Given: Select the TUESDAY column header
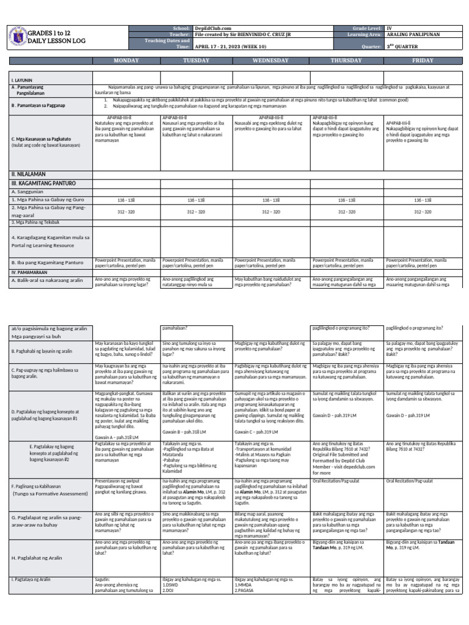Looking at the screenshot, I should [x=196, y=61].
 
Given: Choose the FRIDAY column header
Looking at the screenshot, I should [x=422, y=61].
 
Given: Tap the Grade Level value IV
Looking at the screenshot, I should [x=391, y=29].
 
